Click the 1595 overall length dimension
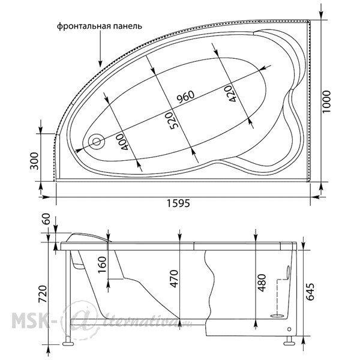178,203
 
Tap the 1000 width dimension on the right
326,101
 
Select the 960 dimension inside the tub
185,97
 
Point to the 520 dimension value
172,121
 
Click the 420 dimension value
230,94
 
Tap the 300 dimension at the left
34,161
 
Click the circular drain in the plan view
97,142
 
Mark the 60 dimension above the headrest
46,219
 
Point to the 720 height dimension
43,294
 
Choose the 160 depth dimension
102,265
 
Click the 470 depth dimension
174,279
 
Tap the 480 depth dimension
262,283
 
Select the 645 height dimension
310,292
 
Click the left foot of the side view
68,344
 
